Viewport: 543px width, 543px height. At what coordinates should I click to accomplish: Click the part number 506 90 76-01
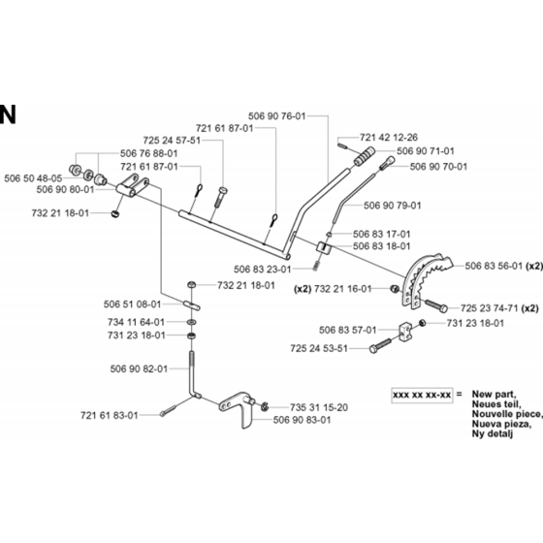[x=276, y=116]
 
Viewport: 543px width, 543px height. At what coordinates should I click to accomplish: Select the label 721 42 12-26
[x=389, y=138]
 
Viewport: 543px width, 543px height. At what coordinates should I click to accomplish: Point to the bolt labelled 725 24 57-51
[x=220, y=197]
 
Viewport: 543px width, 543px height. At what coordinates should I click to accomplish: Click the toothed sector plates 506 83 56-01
[x=425, y=279]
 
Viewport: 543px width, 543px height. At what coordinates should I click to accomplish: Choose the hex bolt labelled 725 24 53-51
[x=380, y=345]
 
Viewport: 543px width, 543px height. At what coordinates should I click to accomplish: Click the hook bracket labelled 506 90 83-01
[x=239, y=408]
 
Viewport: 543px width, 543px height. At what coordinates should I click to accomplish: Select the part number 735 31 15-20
[x=319, y=407]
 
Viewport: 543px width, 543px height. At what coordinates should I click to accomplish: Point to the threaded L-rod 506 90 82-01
[x=192, y=376]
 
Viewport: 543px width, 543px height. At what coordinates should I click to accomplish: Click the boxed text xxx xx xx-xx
[x=422, y=395]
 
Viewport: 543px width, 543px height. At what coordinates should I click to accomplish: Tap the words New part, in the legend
[x=494, y=394]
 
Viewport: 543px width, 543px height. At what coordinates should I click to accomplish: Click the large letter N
[x=8, y=114]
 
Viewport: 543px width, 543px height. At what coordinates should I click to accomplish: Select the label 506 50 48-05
[x=33, y=178]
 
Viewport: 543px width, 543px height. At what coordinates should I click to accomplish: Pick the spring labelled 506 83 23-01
[x=316, y=267]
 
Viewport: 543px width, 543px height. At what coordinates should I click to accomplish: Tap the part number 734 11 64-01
[x=136, y=322]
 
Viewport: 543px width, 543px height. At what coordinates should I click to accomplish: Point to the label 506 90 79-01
[x=392, y=206]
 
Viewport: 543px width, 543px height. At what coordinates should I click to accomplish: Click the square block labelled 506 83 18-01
[x=323, y=248]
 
